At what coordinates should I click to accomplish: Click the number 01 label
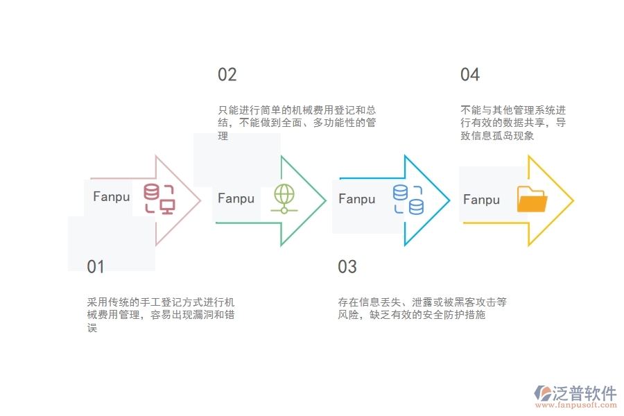(96, 267)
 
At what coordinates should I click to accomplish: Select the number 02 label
(227, 75)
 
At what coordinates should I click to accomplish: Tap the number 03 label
(347, 267)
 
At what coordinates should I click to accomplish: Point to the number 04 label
(470, 75)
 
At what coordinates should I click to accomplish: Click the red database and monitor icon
(159, 199)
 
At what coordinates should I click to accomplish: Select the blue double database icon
(408, 199)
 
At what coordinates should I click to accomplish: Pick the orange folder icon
(532, 200)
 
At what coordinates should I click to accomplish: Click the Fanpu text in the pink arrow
(112, 197)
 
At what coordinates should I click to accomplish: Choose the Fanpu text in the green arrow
(236, 199)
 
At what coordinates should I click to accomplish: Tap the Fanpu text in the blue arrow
(357, 199)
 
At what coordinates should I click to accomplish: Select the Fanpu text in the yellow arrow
(481, 200)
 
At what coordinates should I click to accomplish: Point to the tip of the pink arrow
(200, 201)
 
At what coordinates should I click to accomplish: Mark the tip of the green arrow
(324, 201)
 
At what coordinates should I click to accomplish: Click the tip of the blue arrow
(449, 201)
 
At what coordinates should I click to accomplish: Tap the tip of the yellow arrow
(573, 201)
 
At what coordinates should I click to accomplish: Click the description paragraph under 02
(297, 123)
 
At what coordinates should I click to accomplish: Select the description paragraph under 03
(422, 309)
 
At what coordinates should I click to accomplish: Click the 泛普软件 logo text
(584, 393)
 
